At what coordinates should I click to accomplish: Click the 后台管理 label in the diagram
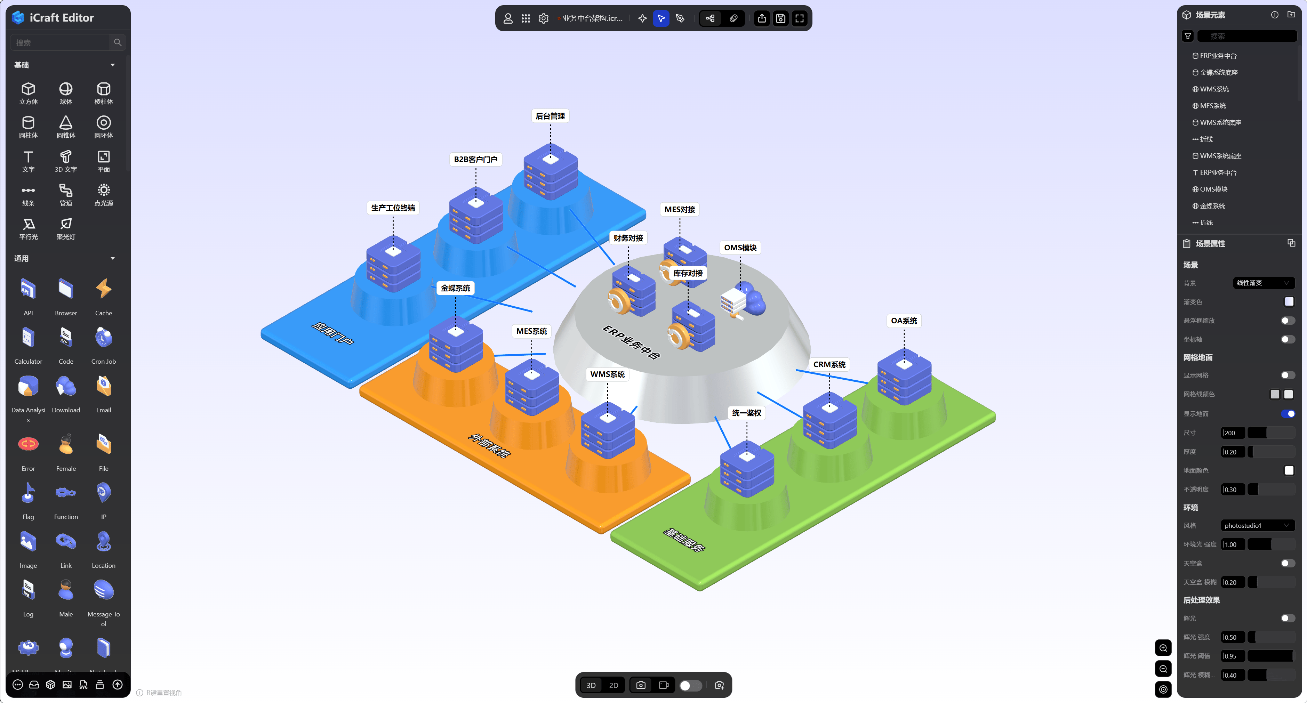(x=550, y=116)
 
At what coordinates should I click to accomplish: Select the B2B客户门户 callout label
(x=475, y=159)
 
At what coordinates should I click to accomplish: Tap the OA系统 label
(x=904, y=321)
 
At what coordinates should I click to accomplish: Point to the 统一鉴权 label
(x=746, y=413)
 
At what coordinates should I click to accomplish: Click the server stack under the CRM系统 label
(x=829, y=421)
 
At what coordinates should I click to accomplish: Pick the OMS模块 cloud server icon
(x=743, y=303)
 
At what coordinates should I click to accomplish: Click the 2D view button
(x=614, y=685)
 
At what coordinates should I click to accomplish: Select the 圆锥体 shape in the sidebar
(x=66, y=126)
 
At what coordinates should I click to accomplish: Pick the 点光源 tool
(x=104, y=194)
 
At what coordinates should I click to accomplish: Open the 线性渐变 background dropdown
(x=1263, y=283)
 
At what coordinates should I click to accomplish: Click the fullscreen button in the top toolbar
(x=800, y=19)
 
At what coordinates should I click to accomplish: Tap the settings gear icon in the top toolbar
(x=543, y=19)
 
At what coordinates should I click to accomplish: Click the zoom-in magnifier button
(x=1163, y=648)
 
